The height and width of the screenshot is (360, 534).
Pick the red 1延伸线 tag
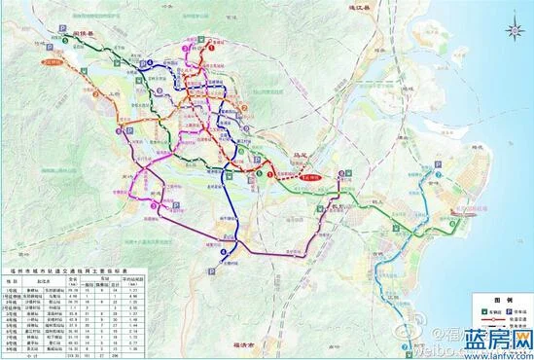[x=312, y=178]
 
